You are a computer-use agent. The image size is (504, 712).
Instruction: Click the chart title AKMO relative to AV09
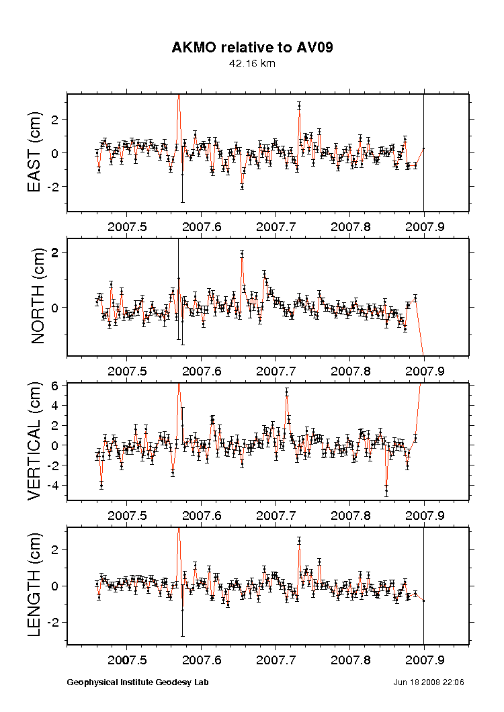252,48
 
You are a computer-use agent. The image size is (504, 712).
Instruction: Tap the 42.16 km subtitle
252,64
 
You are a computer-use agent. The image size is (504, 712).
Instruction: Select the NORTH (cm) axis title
38,296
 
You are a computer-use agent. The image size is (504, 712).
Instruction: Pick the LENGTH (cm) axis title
36,584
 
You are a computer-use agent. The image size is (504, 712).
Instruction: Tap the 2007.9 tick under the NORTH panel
425,369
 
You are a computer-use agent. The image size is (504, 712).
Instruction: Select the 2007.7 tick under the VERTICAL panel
276,515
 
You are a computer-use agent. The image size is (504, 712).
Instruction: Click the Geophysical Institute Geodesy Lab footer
138,682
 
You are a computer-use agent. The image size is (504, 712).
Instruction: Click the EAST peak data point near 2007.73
299,106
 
